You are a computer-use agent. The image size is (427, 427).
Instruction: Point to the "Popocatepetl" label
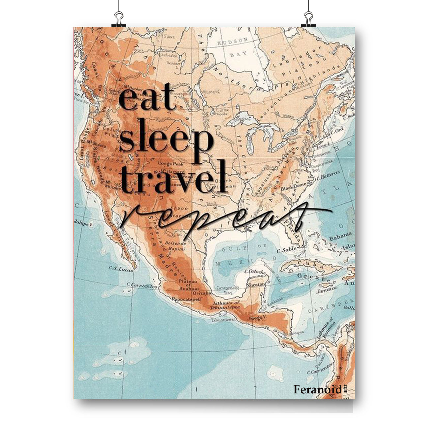186,299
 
